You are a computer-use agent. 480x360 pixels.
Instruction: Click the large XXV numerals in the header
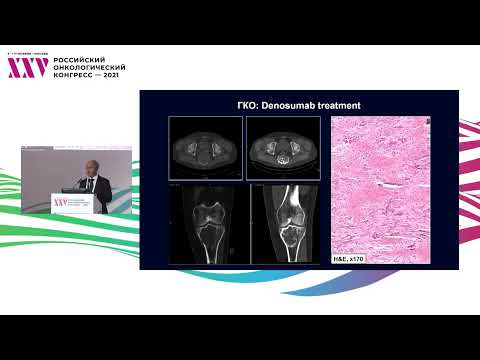(x=27, y=67)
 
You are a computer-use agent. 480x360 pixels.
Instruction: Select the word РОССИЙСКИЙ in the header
(x=78, y=59)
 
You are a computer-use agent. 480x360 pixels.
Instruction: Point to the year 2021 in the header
(x=111, y=75)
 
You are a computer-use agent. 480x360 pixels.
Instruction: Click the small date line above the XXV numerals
(x=25, y=53)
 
